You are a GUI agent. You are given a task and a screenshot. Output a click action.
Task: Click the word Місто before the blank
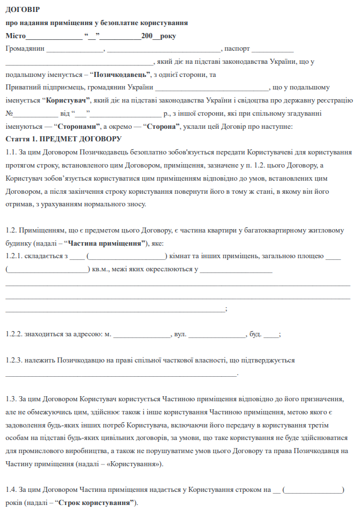(x=16, y=36)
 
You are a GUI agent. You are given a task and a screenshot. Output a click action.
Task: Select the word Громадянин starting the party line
(x=25, y=48)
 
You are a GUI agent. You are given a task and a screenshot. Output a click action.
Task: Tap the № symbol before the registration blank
(x=9, y=113)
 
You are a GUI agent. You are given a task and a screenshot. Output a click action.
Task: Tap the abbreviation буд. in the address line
(x=254, y=334)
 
